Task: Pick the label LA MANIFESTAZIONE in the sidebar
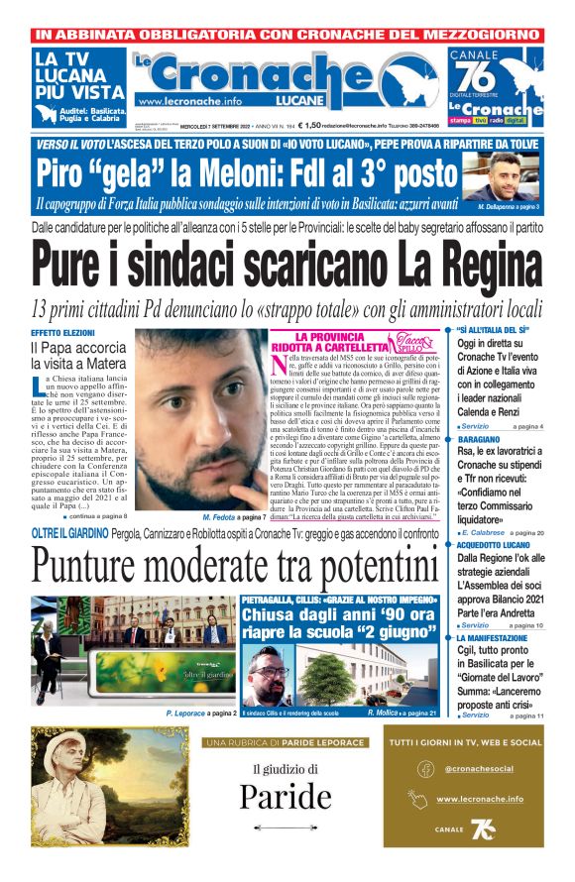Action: [494, 640]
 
